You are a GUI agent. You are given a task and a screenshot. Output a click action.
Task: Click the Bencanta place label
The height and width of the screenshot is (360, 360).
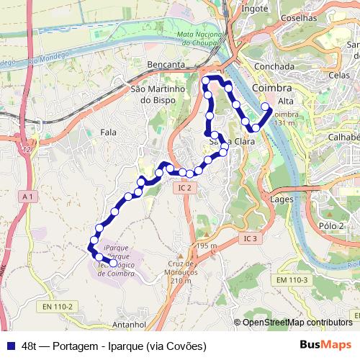pos(166,65)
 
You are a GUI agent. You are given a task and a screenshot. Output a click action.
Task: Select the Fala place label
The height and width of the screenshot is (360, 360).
pos(109,132)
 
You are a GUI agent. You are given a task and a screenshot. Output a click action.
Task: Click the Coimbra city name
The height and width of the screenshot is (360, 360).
pos(273,86)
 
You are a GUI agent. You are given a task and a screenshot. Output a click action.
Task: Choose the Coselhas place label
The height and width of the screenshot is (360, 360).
pos(299,17)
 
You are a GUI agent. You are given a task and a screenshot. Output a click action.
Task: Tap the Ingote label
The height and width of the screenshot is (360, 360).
pos(254,9)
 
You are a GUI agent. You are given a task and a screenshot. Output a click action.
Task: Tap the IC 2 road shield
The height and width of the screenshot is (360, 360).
pos(184,187)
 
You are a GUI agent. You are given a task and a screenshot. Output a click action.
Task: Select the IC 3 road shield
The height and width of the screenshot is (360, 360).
pos(250,238)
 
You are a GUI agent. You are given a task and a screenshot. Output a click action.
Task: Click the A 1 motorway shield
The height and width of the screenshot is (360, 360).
pos(28,196)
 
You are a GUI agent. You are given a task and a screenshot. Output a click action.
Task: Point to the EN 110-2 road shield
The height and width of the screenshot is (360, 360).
pos(58,307)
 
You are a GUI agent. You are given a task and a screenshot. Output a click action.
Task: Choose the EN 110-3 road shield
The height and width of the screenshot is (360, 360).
pos(292,279)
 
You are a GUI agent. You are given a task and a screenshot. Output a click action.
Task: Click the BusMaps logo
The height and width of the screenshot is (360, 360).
pos(326,345)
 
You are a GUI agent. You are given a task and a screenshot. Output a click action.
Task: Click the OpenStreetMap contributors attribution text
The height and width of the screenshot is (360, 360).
pos(297,323)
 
